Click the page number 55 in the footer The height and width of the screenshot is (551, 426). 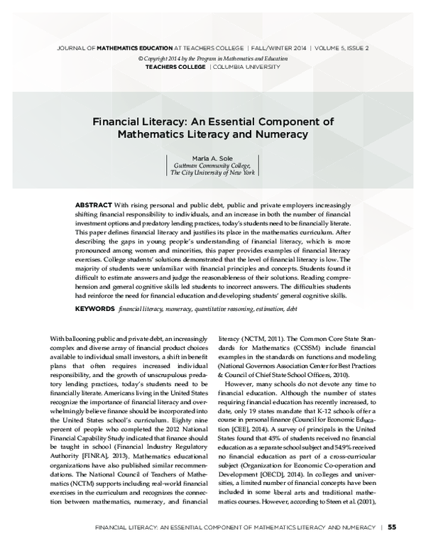coord(392,527)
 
